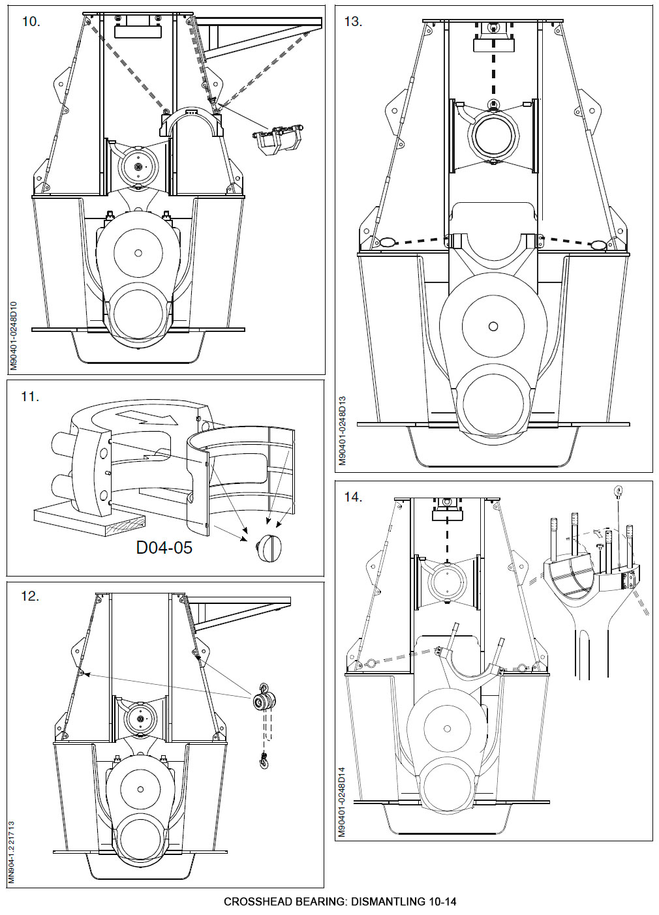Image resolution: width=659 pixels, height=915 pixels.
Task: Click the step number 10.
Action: (x=31, y=22)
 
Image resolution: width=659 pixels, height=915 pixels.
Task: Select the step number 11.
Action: (x=30, y=396)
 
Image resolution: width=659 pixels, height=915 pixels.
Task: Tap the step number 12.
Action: (x=30, y=595)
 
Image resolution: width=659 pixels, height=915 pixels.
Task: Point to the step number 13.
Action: (x=352, y=22)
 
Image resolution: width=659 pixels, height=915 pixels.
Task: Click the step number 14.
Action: (x=353, y=497)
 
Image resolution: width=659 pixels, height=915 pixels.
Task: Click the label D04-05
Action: (x=164, y=547)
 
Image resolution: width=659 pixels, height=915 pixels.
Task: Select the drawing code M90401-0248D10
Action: (x=14, y=336)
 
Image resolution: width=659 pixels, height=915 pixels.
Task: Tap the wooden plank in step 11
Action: (x=88, y=520)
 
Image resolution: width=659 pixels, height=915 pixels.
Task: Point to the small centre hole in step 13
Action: (x=493, y=325)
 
